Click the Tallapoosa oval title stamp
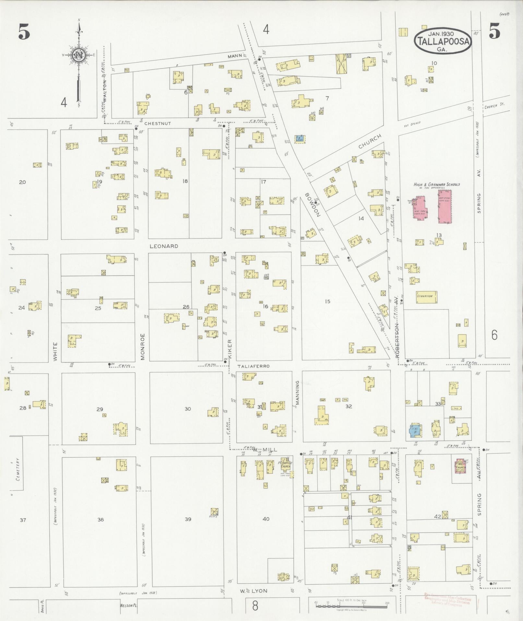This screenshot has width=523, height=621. pyautogui.click(x=443, y=41)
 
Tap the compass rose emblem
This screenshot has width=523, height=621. pyautogui.click(x=78, y=55)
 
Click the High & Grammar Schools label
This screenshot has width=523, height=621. pyautogui.click(x=436, y=184)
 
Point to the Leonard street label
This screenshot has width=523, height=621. pyautogui.click(x=164, y=246)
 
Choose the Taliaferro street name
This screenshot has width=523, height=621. pyautogui.click(x=254, y=366)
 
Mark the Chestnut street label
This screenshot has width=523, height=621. pyautogui.click(x=157, y=123)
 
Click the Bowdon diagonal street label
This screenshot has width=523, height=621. pyautogui.click(x=312, y=205)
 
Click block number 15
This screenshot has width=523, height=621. pyautogui.click(x=327, y=302)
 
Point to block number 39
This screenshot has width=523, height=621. pyautogui.click(x=188, y=519)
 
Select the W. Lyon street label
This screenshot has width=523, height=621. pyautogui.click(x=255, y=591)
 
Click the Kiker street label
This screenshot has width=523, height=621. pyautogui.click(x=230, y=349)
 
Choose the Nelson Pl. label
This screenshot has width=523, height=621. pyautogui.click(x=127, y=606)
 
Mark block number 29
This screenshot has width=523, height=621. pyautogui.click(x=100, y=409)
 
